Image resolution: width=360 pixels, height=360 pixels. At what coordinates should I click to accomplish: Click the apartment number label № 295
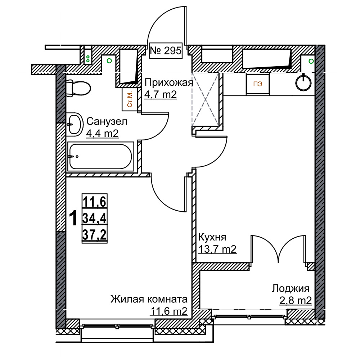click(x=166, y=50)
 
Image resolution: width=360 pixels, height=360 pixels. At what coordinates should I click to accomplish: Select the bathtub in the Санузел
click(x=100, y=157)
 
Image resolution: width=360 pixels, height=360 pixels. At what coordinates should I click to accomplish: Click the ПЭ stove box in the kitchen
click(x=258, y=84)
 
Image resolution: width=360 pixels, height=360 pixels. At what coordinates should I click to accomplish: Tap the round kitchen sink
click(x=303, y=82)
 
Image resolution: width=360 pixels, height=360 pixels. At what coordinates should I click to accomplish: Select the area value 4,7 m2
click(x=161, y=94)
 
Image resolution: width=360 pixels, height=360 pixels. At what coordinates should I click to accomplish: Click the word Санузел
click(x=107, y=121)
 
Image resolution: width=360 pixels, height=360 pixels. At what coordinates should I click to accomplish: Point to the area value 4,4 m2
click(x=102, y=133)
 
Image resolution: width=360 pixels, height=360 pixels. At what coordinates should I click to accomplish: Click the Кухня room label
click(x=212, y=237)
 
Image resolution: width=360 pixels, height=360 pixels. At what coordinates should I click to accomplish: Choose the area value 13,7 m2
click(x=217, y=249)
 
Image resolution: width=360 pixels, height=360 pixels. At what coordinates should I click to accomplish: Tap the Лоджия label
click(x=291, y=289)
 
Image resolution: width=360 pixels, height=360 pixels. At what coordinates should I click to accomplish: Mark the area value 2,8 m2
click(x=296, y=300)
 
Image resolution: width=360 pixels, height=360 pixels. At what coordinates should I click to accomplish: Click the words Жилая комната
click(x=149, y=300)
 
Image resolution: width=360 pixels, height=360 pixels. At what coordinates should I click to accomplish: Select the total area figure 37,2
click(x=95, y=235)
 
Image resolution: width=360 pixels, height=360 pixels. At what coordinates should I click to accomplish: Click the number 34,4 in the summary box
click(x=95, y=219)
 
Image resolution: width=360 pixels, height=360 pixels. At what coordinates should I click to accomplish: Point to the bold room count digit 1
click(x=73, y=219)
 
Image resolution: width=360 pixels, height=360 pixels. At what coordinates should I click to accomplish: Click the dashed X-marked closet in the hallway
click(x=205, y=100)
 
